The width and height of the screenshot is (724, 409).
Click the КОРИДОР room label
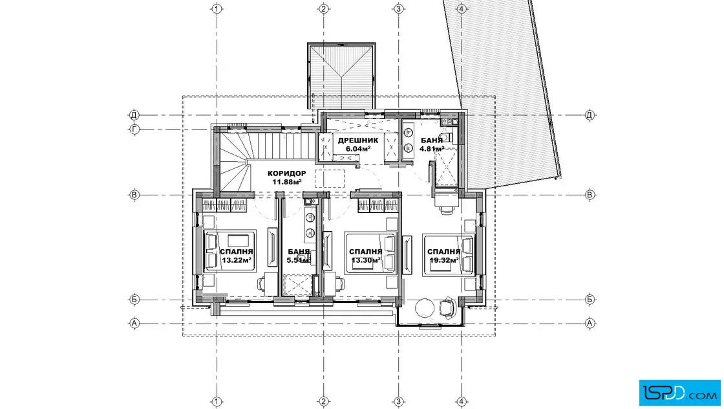pos(286,173)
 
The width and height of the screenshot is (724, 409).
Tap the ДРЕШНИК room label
pos(358,140)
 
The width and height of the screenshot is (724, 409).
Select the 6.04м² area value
pos(358,149)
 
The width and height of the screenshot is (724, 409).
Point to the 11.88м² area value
pos(287,182)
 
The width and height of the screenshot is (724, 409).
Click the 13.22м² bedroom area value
pos(237,260)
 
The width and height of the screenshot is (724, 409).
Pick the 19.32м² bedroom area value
pos(443,260)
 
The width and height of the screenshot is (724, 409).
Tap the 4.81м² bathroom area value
pos(432,149)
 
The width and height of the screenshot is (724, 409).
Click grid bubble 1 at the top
pos(217,9)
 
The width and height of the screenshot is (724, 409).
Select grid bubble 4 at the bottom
pos(462,401)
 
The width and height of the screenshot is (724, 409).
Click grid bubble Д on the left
pos(134,115)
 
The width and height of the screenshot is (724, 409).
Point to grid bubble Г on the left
pos(134,129)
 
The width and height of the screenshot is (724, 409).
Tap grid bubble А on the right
pos(590,324)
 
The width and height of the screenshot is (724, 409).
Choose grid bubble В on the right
pos(590,195)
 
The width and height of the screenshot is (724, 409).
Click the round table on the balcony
pos(425,307)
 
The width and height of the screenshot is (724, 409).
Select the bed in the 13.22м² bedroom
pos(230,251)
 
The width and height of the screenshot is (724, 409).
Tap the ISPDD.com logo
pos(679,393)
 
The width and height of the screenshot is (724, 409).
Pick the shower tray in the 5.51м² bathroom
pos(298,285)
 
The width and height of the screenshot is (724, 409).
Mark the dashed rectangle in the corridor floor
pos(330,179)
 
